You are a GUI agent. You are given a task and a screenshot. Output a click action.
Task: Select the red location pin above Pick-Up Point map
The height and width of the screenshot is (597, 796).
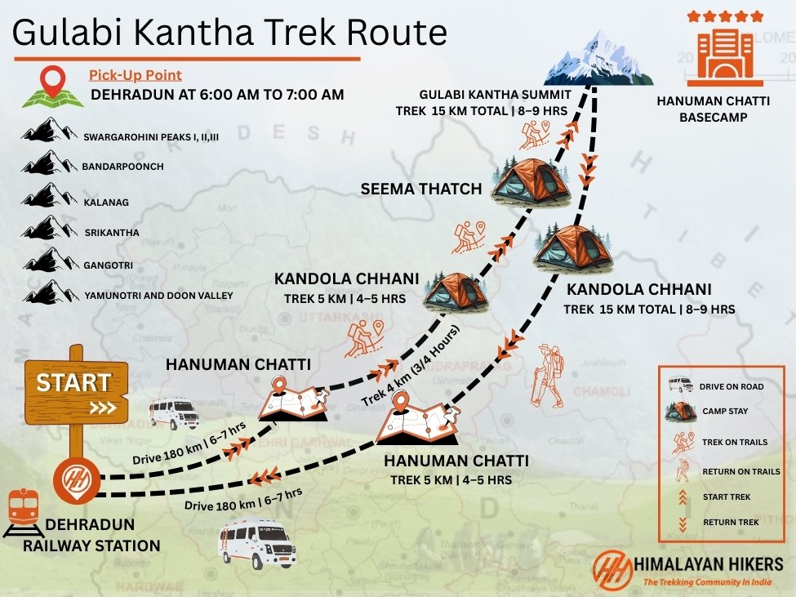[x=54, y=82]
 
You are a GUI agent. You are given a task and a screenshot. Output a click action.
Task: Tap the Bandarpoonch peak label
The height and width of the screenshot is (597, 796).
[x=122, y=167]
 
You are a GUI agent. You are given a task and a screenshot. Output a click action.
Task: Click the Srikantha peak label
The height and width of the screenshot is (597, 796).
[x=111, y=233]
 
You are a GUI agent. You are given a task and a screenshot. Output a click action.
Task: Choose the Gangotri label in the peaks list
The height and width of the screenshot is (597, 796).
[x=108, y=265]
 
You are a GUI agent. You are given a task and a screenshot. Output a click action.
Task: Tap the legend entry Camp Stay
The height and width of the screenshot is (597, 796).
[x=724, y=412]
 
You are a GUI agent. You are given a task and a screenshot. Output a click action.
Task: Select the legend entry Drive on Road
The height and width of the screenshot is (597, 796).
[x=729, y=385]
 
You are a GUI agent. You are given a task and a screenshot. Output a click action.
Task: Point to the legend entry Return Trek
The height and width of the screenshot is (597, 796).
[x=731, y=522]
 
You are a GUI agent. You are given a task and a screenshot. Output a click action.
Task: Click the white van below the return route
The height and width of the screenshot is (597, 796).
[x=256, y=543]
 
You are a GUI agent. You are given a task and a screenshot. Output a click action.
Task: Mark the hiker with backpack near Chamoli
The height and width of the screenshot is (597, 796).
[x=546, y=376]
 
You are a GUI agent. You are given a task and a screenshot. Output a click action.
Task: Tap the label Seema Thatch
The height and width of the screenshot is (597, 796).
[x=421, y=189]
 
